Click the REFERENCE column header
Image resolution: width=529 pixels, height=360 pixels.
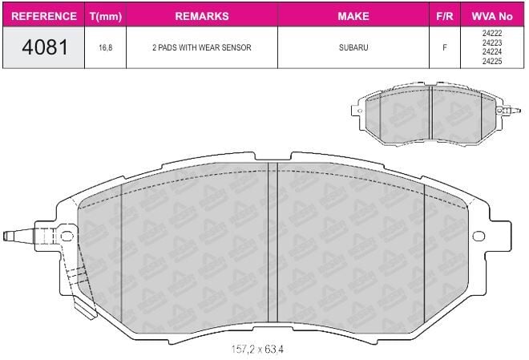click(44, 16)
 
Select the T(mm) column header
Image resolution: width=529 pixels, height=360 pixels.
click(106, 16)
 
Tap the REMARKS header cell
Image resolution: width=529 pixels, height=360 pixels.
click(202, 16)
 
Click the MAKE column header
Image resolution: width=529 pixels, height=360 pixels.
click(353, 16)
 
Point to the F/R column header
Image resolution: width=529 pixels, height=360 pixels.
click(444, 16)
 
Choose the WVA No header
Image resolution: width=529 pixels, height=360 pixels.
click(492, 16)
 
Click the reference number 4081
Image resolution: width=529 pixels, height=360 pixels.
click(45, 47)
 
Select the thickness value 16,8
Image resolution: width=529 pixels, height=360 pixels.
click(105, 47)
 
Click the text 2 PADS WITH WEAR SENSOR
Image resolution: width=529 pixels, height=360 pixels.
click(202, 47)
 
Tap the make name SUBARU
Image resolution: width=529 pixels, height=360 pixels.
click(353, 47)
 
